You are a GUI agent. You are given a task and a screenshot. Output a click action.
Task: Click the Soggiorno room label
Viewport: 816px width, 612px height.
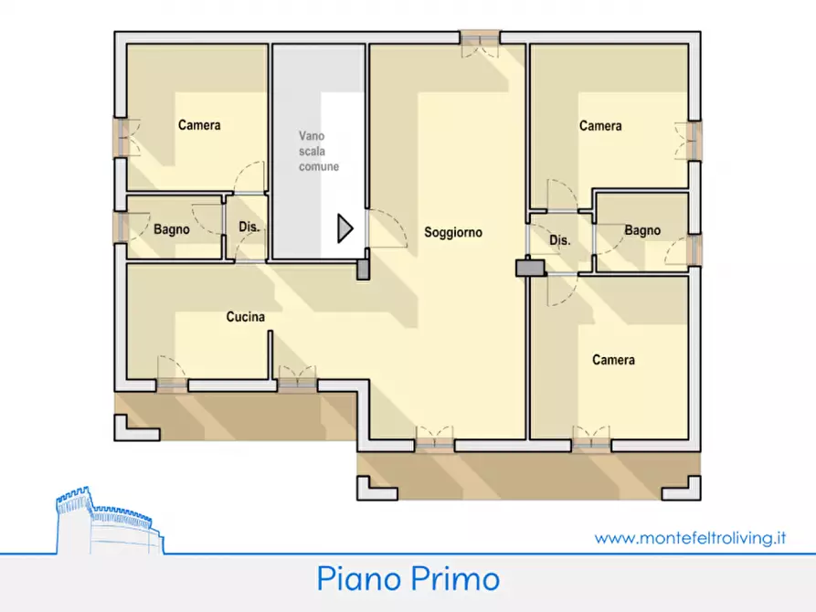pyautogui.click(x=452, y=233)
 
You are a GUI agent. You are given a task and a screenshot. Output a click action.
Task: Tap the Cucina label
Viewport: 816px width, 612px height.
pyautogui.click(x=246, y=317)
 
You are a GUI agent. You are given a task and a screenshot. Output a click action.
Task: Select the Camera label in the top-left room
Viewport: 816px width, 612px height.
pyautogui.click(x=199, y=125)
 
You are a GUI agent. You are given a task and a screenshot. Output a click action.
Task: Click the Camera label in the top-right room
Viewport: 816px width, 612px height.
pyautogui.click(x=600, y=126)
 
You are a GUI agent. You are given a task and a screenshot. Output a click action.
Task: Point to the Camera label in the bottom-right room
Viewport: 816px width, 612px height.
pyautogui.click(x=613, y=360)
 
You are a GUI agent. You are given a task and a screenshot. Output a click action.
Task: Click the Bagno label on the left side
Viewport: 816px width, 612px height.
pyautogui.click(x=172, y=229)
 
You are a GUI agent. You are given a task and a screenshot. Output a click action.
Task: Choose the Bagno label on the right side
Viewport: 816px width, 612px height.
pyautogui.click(x=642, y=231)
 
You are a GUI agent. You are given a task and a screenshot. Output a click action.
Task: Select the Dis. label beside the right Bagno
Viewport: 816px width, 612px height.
pyautogui.click(x=559, y=240)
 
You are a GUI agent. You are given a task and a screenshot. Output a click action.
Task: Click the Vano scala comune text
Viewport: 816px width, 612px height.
pyautogui.click(x=318, y=151)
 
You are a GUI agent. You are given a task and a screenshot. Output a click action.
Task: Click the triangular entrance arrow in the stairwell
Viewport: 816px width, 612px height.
pyautogui.click(x=344, y=228)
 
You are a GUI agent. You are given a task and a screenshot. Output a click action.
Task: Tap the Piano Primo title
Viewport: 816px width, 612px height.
pyautogui.click(x=408, y=578)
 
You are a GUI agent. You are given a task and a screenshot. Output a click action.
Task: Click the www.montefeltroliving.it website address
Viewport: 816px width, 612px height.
pyautogui.click(x=690, y=538)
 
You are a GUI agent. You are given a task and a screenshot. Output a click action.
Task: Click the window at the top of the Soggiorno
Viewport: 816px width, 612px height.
pyautogui.click(x=480, y=37)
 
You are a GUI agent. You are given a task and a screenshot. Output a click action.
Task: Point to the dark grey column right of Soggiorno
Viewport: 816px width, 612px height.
pyautogui.click(x=529, y=268)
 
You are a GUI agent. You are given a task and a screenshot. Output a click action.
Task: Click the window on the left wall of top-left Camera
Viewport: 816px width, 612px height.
pyautogui.click(x=120, y=137)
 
